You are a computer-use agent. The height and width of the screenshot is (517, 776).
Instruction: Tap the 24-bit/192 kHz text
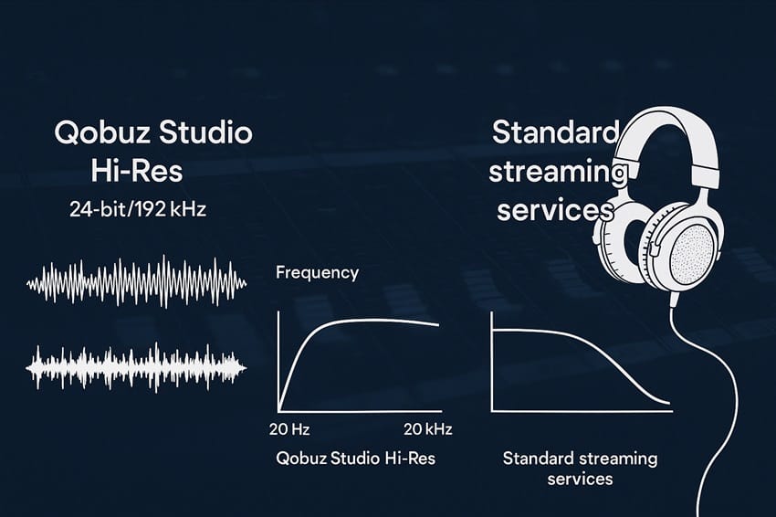tap(138, 209)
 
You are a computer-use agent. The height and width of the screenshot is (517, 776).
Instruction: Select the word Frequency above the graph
tap(317, 272)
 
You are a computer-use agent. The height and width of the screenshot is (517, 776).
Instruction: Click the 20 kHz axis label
tap(428, 429)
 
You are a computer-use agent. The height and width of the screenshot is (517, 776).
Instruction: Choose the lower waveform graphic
tap(137, 366)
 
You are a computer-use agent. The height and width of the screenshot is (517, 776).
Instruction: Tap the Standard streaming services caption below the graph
tap(580, 468)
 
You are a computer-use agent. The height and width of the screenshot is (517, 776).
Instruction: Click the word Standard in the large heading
tap(555, 132)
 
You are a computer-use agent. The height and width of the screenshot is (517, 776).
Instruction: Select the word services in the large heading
tap(552, 209)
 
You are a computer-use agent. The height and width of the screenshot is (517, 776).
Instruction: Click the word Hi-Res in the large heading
tap(137, 171)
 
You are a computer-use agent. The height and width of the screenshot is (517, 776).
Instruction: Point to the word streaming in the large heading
tap(560, 171)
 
